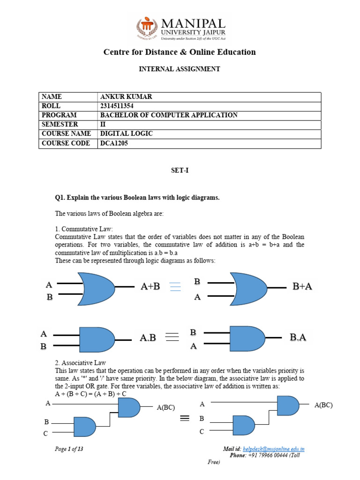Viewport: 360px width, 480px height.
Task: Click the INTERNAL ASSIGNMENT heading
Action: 180,69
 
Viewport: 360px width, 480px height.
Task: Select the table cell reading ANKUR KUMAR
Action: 126,97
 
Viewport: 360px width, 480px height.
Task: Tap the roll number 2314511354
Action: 120,106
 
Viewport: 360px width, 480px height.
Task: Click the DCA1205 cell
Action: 114,143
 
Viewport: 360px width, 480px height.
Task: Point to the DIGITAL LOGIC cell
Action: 127,134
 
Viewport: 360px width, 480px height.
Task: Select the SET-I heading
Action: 180,171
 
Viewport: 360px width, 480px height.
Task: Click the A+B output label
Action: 150,287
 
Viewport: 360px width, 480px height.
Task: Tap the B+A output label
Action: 302,287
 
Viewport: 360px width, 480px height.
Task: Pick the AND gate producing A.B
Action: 97,340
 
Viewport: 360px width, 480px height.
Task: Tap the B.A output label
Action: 298,337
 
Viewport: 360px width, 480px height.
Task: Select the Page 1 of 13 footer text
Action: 69,449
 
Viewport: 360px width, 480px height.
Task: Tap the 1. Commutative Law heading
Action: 84,229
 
